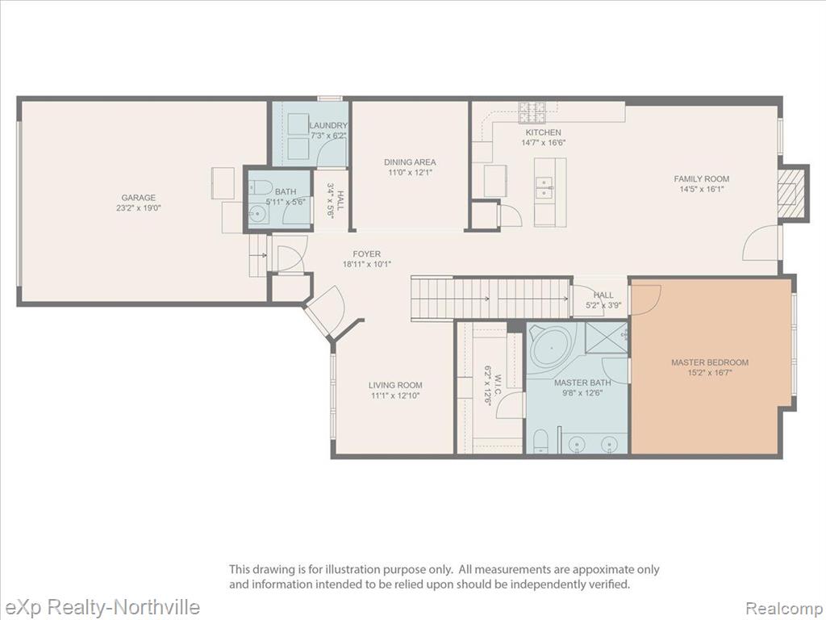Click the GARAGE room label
pyautogui.click(x=139, y=198)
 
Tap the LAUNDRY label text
pyautogui.click(x=328, y=125)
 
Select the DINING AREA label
pyautogui.click(x=410, y=162)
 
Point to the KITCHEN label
pyautogui.click(x=543, y=132)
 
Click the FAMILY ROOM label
pyautogui.click(x=702, y=178)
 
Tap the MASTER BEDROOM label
pyautogui.click(x=710, y=362)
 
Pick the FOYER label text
pyautogui.click(x=367, y=254)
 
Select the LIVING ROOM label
pyautogui.click(x=395, y=385)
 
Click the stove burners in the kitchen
pyautogui.click(x=532, y=111)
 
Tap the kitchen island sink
pyautogui.click(x=544, y=187)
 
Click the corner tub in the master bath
pyautogui.click(x=551, y=349)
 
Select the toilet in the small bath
pyautogui.click(x=259, y=186)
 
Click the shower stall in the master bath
pyautogui.click(x=607, y=341)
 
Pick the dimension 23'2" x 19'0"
pyautogui.click(x=139, y=207)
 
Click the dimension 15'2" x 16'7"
pyautogui.click(x=710, y=373)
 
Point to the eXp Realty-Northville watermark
pyautogui.click(x=100, y=607)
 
